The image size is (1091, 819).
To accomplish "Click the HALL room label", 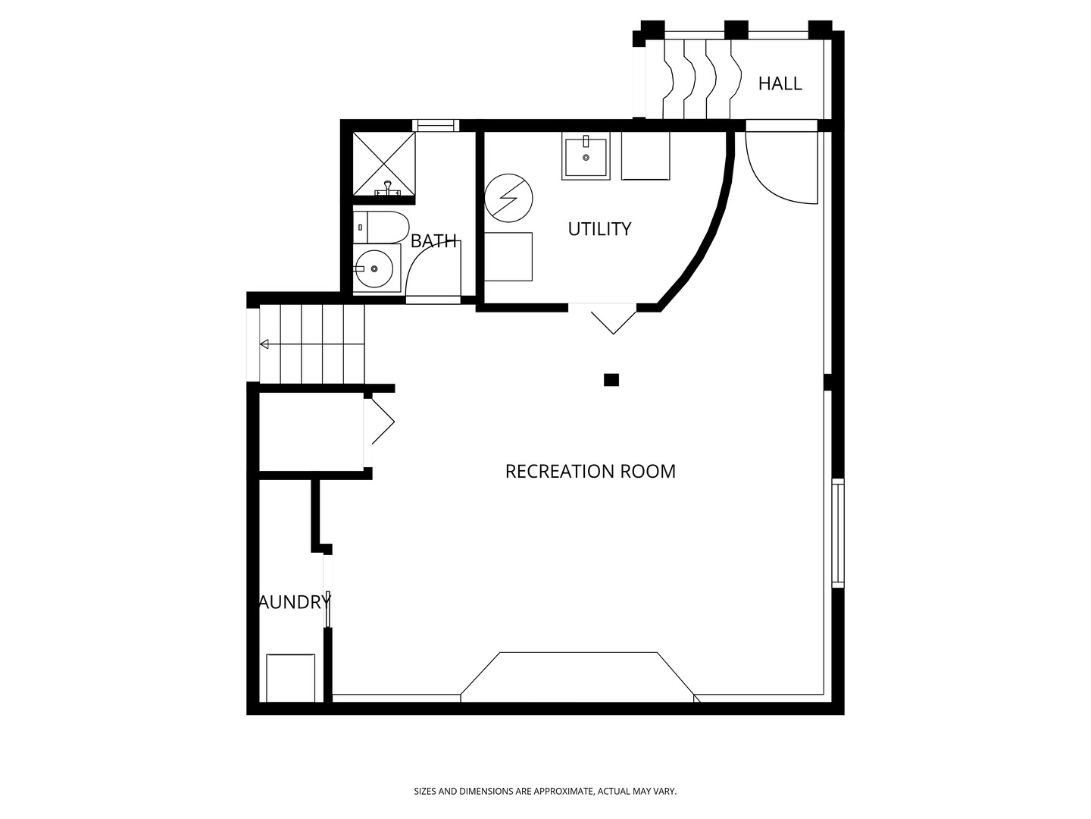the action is pos(780,83).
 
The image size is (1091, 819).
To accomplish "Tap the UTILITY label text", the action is pos(599,229).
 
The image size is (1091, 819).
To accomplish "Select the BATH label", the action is pos(433,241).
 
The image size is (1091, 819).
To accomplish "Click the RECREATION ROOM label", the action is pos(590,472).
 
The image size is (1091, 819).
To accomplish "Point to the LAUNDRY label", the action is pos(294,602).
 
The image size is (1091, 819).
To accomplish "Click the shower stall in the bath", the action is pos(383,164).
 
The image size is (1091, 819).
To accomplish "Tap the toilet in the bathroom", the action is pos(381,227).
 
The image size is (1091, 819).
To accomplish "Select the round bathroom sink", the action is pos(374,268).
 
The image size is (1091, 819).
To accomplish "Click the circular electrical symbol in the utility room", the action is pos(508,198).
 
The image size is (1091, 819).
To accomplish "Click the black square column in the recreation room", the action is pos(611,380).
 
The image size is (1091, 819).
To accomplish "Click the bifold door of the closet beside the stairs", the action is pos(383,422).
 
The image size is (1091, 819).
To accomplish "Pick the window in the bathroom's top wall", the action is pos(436,125).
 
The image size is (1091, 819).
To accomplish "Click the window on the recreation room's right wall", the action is pos(838,533).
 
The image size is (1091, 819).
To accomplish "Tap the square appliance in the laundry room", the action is pos(291,678).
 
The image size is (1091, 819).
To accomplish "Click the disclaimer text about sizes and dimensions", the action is pos(545,791).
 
